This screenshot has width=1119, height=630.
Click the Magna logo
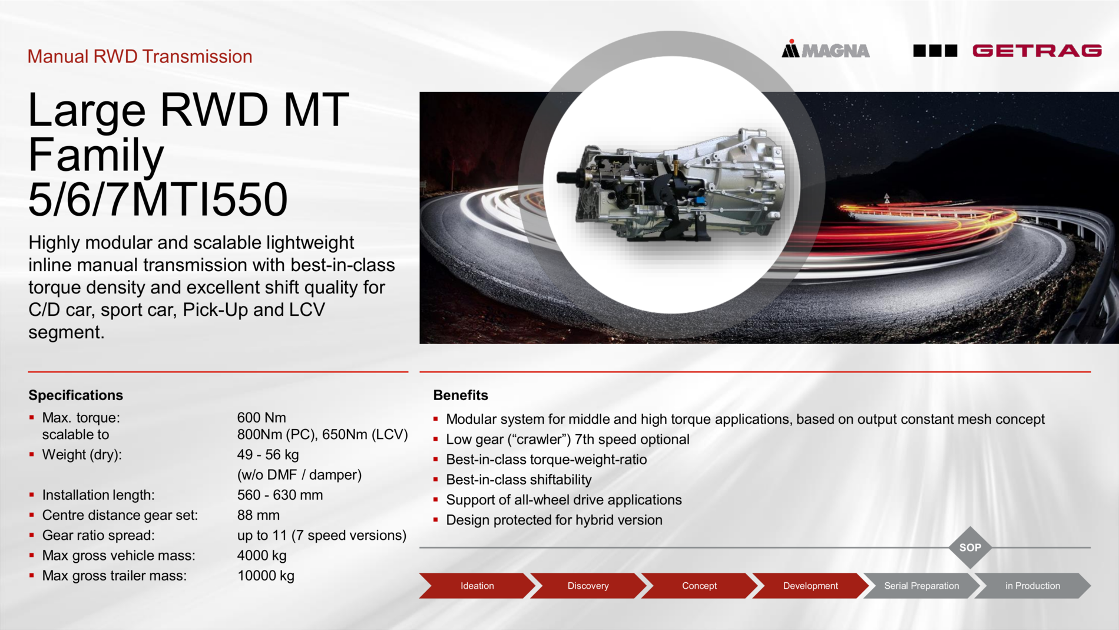[825, 50]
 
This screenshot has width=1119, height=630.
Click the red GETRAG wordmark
[1037, 51]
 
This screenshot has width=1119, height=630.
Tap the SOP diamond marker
[970, 547]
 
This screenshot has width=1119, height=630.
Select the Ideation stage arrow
[477, 586]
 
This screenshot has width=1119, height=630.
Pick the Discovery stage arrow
[588, 586]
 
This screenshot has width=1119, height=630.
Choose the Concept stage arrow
[699, 586]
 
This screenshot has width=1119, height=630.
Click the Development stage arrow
[810, 586]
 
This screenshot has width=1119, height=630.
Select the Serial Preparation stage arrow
[921, 586]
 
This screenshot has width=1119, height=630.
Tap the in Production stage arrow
[1032, 586]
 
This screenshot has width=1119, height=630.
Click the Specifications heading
[76, 395]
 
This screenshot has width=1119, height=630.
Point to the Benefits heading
[461, 395]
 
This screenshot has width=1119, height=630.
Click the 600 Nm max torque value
[261, 417]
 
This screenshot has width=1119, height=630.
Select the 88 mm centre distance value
[258, 515]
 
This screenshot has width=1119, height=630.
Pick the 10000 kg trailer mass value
[266, 576]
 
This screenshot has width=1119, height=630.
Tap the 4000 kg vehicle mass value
[261, 555]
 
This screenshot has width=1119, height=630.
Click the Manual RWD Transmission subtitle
[140, 56]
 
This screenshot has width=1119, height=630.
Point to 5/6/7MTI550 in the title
[158, 199]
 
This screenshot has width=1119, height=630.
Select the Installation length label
[98, 495]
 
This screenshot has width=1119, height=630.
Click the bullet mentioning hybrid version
[554, 520]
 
